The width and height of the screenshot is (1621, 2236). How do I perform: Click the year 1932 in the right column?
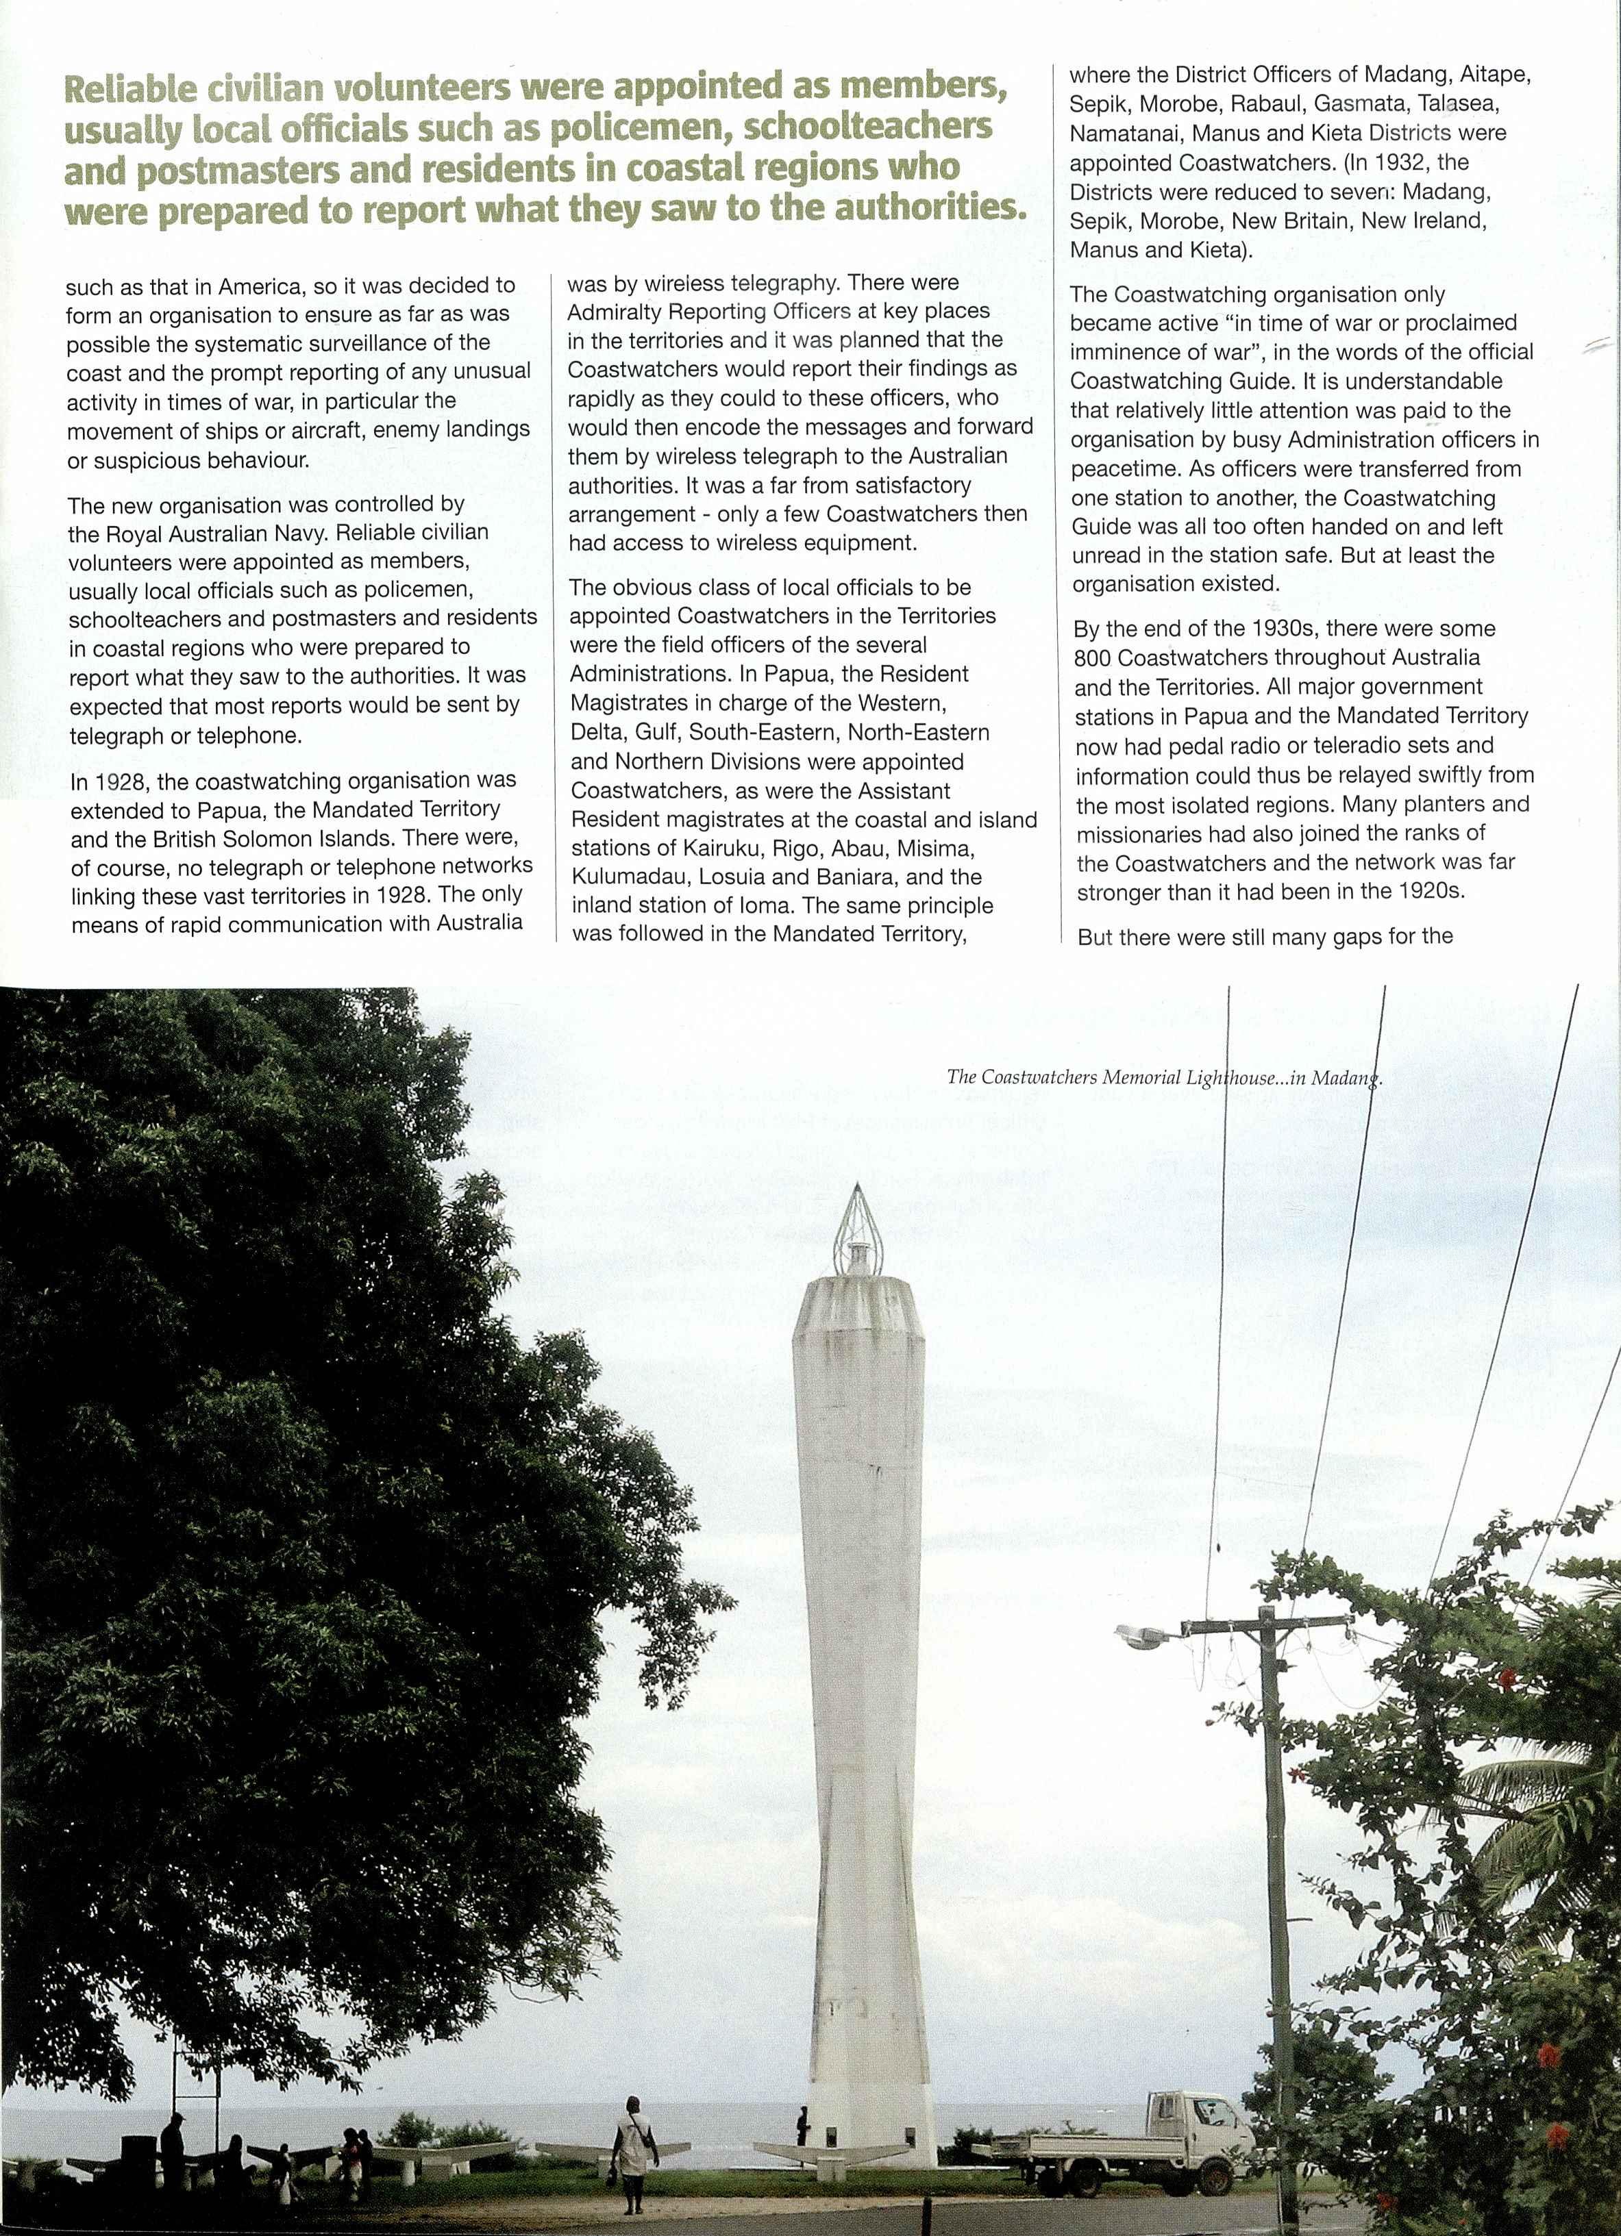click(1400, 162)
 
